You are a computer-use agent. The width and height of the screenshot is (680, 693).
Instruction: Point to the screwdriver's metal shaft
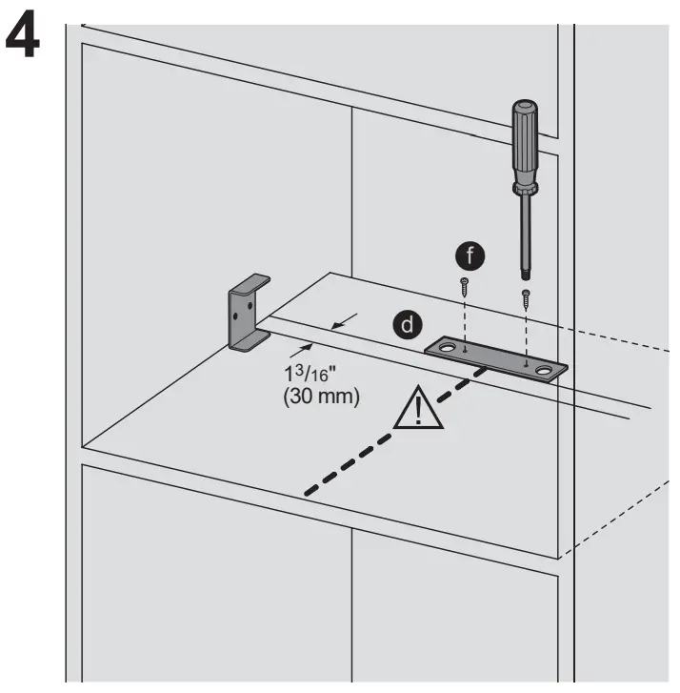524,229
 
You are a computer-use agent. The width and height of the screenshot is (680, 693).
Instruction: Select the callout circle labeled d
408,324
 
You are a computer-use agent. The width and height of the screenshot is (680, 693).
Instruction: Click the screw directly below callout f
464,283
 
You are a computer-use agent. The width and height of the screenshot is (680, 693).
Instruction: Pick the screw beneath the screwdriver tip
524,296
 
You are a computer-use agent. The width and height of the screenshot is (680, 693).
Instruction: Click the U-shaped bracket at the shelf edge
246,314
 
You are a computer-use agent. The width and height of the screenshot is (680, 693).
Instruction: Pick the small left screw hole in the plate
464,352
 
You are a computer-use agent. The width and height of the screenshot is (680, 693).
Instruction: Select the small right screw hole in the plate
525,363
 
